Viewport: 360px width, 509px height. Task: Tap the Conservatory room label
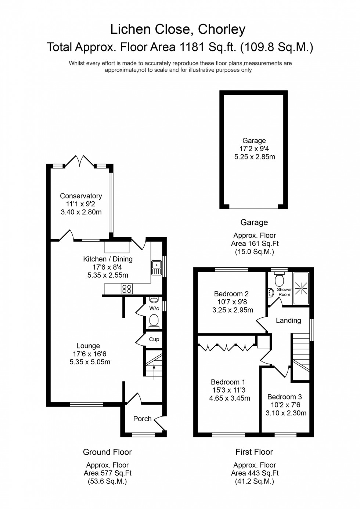81,196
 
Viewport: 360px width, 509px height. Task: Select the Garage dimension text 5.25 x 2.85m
254,157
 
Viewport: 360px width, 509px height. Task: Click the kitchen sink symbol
156,267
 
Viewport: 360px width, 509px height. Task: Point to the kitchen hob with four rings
127,289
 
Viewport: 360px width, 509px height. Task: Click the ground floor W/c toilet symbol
154,321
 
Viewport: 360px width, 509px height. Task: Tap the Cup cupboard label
154,339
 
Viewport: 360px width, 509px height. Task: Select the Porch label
142,419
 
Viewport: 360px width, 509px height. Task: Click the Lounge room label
88,346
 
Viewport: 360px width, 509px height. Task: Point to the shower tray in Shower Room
301,288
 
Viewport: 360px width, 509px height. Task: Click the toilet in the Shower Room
280,279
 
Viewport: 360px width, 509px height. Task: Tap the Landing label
288,321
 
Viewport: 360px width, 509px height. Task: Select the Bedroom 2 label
231,294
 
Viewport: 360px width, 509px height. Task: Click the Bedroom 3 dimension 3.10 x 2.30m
286,413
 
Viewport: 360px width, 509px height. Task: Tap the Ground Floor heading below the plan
107,452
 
